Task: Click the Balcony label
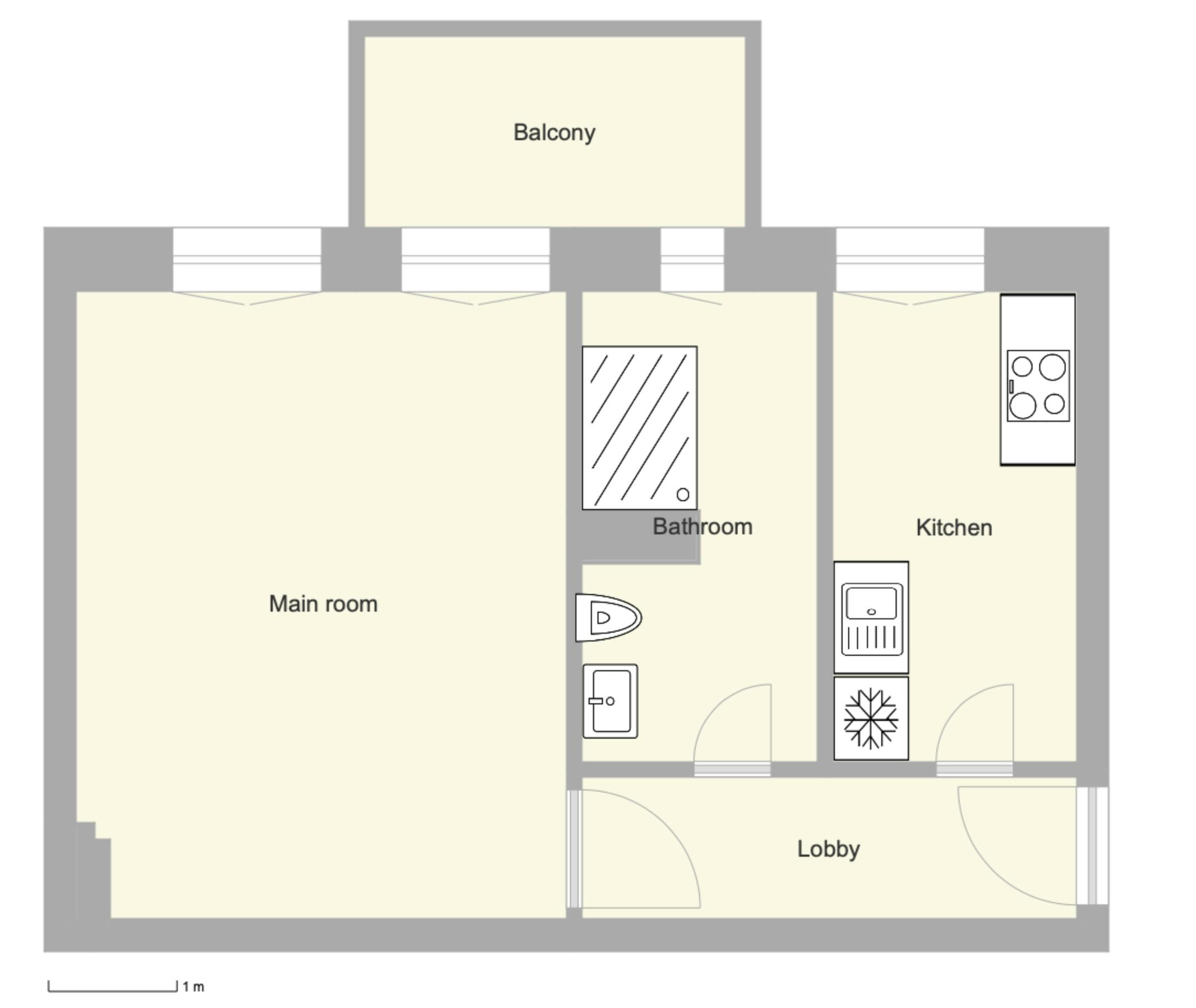[x=554, y=133]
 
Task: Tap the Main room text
[x=323, y=604]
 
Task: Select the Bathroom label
[x=702, y=527]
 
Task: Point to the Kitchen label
[x=954, y=528]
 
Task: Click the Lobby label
[x=828, y=849]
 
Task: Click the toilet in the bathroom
[x=608, y=618]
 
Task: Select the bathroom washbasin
[x=610, y=701]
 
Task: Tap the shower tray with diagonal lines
[x=639, y=427]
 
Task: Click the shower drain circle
[x=683, y=495]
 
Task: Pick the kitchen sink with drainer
[x=871, y=618]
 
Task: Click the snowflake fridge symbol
[x=871, y=719]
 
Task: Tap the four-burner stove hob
[x=1038, y=386]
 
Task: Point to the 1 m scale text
[x=193, y=987]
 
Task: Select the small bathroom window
[x=692, y=260]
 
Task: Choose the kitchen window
[x=910, y=260]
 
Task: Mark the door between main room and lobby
[x=574, y=848]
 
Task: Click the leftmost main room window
[x=247, y=260]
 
